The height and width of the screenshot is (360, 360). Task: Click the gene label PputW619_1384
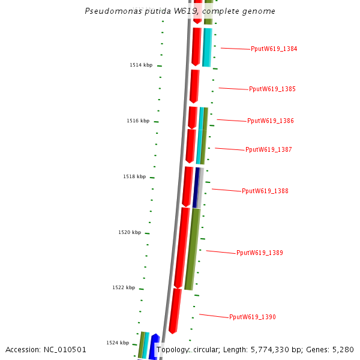274,49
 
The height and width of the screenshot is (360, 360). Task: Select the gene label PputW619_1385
272,89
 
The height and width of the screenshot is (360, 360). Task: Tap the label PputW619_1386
271,121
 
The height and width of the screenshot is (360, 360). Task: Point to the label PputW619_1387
269,150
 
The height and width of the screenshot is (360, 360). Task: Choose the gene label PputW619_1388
265,191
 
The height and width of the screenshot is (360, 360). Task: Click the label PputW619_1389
260,253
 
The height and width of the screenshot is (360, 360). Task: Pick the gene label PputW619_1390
253,317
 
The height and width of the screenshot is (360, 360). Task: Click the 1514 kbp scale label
141,65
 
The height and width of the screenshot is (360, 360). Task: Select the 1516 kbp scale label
138,121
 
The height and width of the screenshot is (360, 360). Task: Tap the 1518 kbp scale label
134,177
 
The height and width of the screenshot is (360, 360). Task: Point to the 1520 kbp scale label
130,233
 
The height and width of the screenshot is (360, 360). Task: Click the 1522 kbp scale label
124,288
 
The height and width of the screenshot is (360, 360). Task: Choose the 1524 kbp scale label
118,343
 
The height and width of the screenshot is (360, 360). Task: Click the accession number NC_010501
65,350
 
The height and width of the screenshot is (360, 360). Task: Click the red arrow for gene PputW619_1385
194,86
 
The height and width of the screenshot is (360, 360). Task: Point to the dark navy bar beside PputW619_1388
196,188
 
